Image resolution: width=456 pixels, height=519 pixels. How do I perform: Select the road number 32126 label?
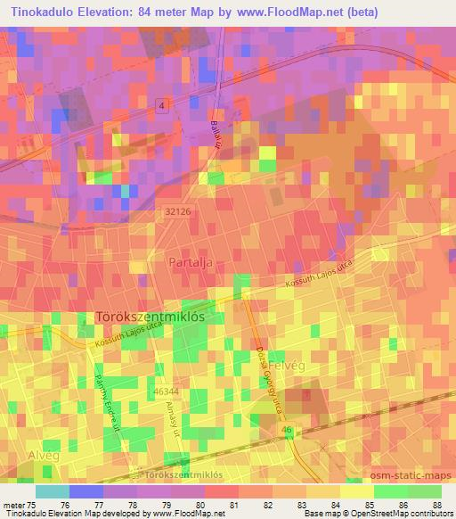pos(178,211)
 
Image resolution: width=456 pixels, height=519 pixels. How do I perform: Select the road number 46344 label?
pos(166,391)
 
